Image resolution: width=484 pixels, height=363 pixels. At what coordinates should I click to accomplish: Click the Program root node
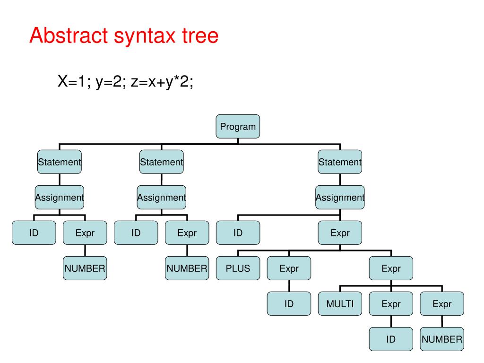[238, 126]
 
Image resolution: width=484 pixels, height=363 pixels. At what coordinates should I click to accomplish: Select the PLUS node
[238, 268]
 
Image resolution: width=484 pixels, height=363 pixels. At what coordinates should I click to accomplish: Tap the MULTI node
[340, 304]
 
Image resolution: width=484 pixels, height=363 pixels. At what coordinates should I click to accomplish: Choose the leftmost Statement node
[60, 162]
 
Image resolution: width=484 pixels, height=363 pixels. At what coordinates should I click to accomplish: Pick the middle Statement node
[162, 162]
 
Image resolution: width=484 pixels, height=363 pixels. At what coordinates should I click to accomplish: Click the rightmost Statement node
[340, 162]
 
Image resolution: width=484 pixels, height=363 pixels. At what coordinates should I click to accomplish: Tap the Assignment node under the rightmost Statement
[340, 198]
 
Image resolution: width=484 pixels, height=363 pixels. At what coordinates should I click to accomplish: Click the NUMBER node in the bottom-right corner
[442, 339]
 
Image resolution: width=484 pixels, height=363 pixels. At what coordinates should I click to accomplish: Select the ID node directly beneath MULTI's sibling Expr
[391, 339]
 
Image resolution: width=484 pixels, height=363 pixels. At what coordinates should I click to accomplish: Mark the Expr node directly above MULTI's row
[391, 268]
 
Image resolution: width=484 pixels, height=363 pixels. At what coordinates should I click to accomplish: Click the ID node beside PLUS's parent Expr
[238, 233]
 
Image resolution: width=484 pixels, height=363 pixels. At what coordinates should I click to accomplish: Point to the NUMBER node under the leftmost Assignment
[85, 268]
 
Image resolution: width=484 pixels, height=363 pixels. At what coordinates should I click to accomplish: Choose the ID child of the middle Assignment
[136, 233]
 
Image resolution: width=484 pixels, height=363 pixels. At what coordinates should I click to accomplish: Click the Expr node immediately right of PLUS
[289, 268]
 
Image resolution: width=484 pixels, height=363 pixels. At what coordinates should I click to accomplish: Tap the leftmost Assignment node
[60, 198]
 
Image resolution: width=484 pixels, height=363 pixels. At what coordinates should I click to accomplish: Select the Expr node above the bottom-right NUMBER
[442, 304]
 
